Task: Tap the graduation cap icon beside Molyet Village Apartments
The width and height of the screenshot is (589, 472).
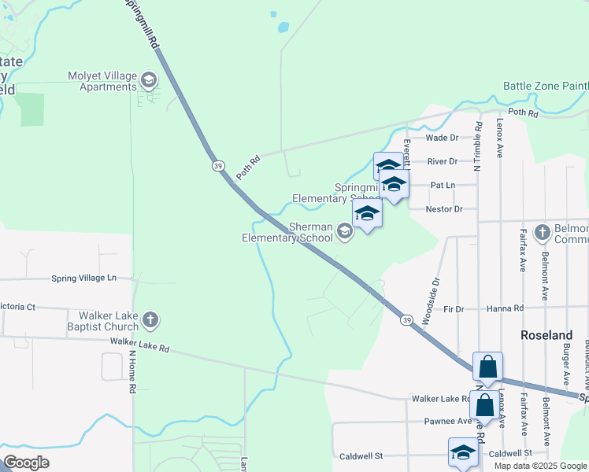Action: pos(148,80)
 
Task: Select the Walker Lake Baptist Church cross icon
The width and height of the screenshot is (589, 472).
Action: pos(150,320)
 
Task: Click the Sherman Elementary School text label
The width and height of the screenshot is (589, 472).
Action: pos(287,231)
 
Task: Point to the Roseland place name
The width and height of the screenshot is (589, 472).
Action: pos(546,335)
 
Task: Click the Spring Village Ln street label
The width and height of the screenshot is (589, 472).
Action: pos(83,278)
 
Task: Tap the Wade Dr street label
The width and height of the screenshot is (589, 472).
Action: pos(442,138)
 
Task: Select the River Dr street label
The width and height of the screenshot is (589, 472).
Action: pos(442,161)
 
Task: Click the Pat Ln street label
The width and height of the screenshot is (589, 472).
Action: pos(443,185)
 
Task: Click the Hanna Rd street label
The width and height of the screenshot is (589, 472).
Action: pos(505,309)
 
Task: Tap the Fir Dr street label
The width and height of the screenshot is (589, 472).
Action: pos(454,309)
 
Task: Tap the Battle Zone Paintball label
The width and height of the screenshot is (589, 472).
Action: pos(546,86)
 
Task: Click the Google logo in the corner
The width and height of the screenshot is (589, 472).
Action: pos(26,463)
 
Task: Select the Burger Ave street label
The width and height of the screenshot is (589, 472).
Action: pos(565,365)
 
